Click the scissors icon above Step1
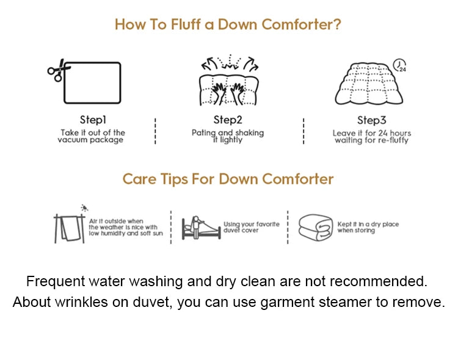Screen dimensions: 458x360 (59, 70)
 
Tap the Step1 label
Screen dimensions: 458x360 (93, 120)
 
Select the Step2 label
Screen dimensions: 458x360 (228, 120)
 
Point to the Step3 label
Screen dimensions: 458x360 (371, 120)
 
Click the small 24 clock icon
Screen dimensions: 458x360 (399, 65)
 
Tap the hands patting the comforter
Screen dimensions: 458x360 (228, 93)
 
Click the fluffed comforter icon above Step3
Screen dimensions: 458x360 (369, 84)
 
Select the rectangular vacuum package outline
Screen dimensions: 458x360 (92, 82)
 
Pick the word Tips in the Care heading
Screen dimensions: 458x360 (174, 179)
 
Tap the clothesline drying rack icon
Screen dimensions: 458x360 (70, 229)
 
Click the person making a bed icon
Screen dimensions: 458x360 (201, 228)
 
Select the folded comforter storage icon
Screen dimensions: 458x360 (316, 228)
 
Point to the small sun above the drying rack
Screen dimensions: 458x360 (84, 208)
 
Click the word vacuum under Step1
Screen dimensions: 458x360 (73, 140)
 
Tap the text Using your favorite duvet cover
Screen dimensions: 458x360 (252, 227)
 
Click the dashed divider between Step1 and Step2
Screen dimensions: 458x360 (155, 131)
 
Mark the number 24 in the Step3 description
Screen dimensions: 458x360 (383, 133)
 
